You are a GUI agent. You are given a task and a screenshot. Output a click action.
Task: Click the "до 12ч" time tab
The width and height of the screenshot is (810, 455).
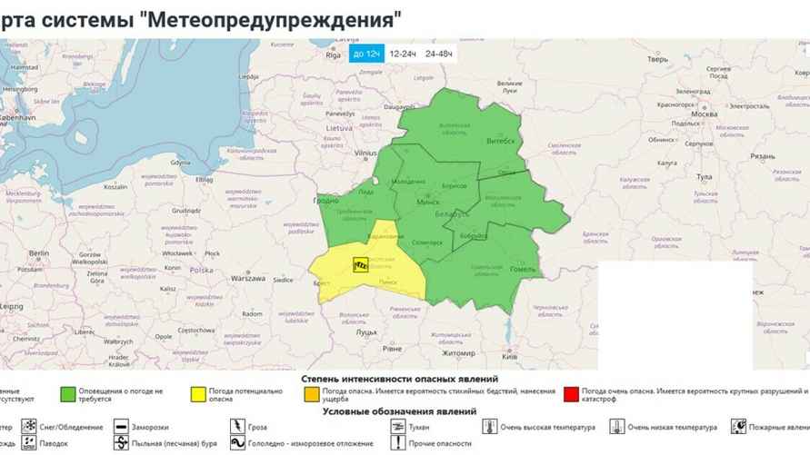365,54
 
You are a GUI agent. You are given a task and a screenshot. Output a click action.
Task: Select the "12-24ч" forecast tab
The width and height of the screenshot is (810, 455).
403,54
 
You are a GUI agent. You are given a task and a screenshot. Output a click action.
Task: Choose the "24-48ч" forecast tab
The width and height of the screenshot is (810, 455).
439,54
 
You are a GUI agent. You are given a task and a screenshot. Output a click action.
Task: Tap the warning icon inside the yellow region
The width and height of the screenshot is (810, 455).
361,264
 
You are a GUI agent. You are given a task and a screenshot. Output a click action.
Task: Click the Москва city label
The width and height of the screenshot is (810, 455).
705,114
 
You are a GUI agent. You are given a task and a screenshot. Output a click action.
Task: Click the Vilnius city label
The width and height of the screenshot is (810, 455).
365,154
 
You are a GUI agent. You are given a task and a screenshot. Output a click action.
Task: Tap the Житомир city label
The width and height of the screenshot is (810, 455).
458,352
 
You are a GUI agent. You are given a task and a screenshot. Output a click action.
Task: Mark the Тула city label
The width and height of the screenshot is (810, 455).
703,176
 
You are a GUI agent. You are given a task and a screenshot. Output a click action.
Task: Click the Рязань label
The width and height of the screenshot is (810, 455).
763,156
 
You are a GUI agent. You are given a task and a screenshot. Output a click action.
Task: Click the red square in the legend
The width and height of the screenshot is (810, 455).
570,394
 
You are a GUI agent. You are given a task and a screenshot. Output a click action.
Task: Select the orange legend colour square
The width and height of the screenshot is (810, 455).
310,394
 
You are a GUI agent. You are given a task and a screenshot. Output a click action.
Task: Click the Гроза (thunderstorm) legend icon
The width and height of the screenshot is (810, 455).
237,426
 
